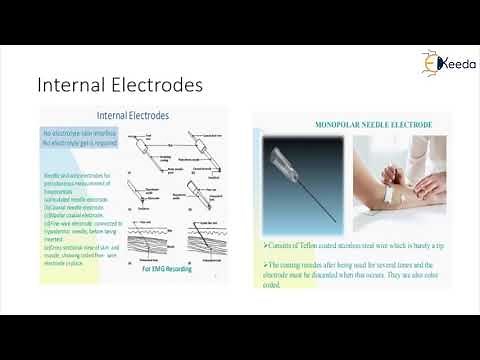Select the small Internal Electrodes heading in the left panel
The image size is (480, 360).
132,116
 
